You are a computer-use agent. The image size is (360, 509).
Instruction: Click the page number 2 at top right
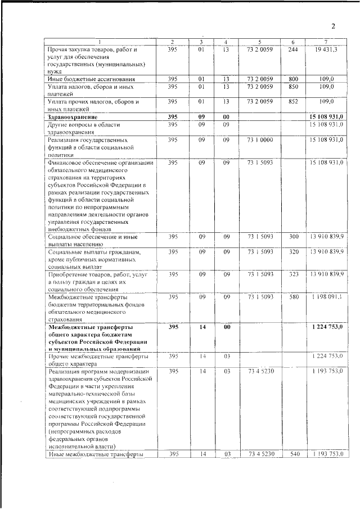(x=333, y=26)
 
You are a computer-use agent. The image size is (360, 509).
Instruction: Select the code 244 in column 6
(x=292, y=50)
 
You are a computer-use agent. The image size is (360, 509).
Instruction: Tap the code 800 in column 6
(x=292, y=79)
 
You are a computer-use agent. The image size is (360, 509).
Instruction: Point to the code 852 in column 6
(x=292, y=101)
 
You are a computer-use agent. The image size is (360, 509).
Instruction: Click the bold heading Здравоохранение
(x=76, y=116)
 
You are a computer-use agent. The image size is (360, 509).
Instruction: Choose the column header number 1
(x=101, y=42)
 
